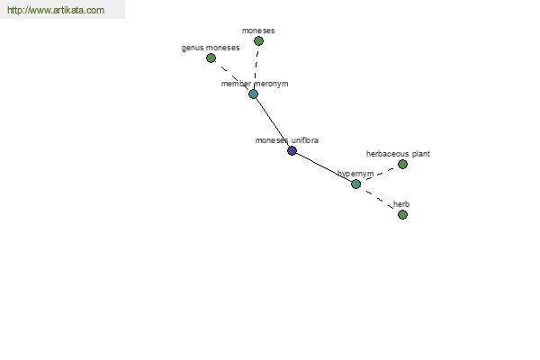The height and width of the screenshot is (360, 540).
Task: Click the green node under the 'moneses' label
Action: pyautogui.click(x=258, y=41)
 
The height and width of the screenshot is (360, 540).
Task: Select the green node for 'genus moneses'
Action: pyautogui.click(x=211, y=58)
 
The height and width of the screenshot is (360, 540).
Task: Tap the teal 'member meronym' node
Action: pyautogui.click(x=254, y=94)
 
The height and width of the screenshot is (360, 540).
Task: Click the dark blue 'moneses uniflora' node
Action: pyautogui.click(x=292, y=150)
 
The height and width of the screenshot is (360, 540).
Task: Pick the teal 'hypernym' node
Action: pyautogui.click(x=356, y=184)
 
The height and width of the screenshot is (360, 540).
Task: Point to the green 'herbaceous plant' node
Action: pyautogui.click(x=402, y=165)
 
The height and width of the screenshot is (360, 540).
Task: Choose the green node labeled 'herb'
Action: pyautogui.click(x=402, y=214)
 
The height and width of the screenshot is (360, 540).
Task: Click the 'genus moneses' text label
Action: pyautogui.click(x=211, y=48)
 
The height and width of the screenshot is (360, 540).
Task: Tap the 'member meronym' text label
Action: pyautogui.click(x=255, y=84)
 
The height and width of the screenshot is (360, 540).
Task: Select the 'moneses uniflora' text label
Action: pyautogui.click(x=287, y=140)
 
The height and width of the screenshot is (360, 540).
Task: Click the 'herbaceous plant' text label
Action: pyautogui.click(x=398, y=154)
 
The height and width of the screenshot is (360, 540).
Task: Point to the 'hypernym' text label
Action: pyautogui.click(x=355, y=174)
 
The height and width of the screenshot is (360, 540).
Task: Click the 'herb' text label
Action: pyautogui.click(x=401, y=204)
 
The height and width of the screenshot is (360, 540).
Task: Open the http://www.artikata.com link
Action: pyautogui.click(x=56, y=10)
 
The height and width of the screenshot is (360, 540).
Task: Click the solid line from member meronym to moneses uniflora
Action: pyautogui.click(x=273, y=122)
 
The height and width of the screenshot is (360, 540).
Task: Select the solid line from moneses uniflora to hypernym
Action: pyautogui.click(x=324, y=167)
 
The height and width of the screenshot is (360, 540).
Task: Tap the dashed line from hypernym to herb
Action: pyautogui.click(x=380, y=200)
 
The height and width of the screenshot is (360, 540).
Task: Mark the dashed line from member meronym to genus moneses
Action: pyautogui.click(x=232, y=76)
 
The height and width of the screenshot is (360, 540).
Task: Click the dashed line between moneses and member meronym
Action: pyautogui.click(x=256, y=67)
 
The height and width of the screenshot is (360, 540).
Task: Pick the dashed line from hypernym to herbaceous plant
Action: pyautogui.click(x=379, y=174)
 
